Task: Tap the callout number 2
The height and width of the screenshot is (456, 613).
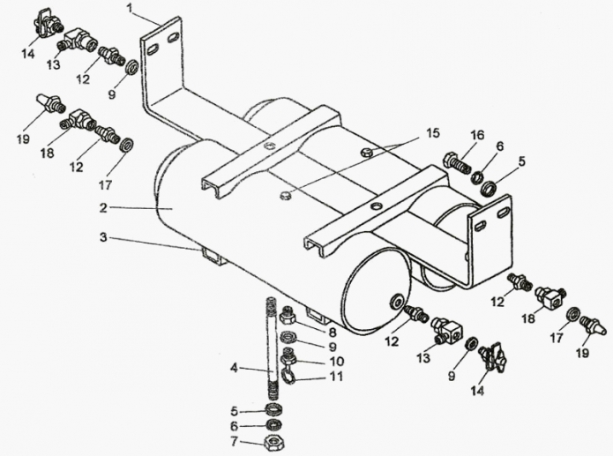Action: point(103,208)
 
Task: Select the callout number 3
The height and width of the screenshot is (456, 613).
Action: point(103,237)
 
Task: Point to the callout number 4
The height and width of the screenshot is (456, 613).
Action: point(233,368)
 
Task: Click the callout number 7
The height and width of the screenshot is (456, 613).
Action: point(233,440)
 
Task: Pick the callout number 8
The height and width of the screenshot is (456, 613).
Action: point(333,333)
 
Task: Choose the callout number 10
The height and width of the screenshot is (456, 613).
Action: point(333,361)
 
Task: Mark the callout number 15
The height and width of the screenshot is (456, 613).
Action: point(431,133)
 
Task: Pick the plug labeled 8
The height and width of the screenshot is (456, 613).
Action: point(287,314)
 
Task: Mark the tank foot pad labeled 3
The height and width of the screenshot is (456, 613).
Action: point(212,257)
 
